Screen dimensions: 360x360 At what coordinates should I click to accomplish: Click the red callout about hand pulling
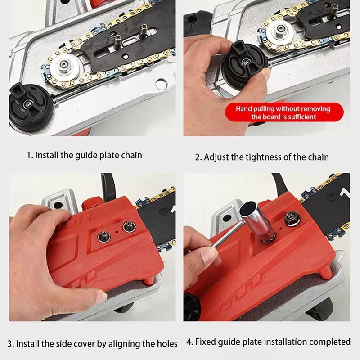[x=283, y=113]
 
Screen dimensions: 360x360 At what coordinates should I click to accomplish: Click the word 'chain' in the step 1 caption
[x=130, y=155]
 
